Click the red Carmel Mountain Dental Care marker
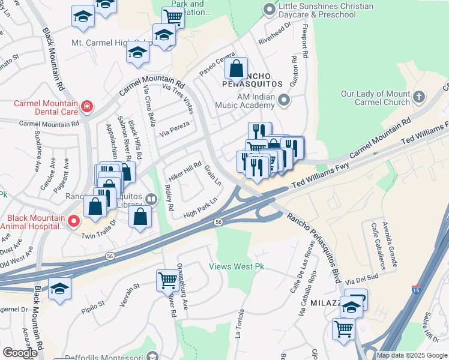point(87,107)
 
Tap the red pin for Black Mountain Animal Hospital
point(73,221)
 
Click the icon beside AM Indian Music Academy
point(284,99)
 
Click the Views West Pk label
point(236,266)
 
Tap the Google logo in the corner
point(20,353)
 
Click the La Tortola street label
point(241,323)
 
